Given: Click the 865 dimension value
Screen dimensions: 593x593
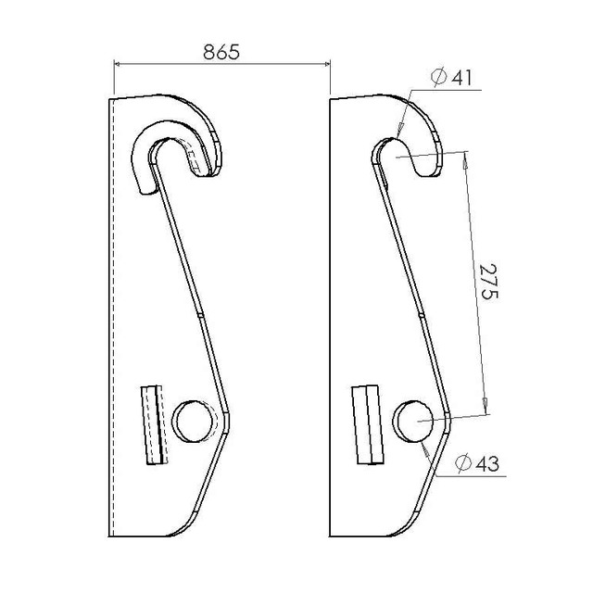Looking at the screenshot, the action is [221, 52].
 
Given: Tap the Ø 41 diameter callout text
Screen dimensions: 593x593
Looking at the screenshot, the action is [451, 78].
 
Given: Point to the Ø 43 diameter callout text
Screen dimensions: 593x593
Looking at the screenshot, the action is [477, 463].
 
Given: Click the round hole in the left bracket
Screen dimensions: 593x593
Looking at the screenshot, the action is [193, 422].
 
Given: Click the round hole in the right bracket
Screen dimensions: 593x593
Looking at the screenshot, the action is [413, 422].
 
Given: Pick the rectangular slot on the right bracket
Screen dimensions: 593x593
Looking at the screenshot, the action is [368, 424].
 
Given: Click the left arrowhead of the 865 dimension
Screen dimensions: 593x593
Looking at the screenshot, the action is [118, 64].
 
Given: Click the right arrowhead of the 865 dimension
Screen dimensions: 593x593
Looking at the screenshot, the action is [327, 64].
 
